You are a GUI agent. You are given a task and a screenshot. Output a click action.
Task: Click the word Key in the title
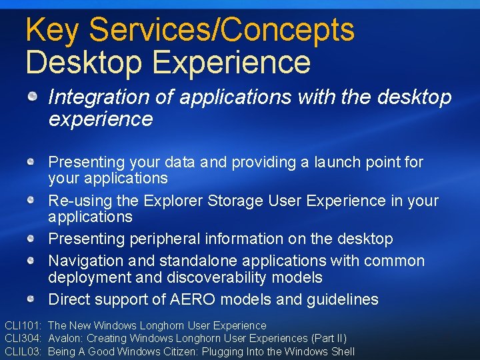pos(53,31)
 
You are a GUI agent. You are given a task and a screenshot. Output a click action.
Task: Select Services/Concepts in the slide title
pos(221,31)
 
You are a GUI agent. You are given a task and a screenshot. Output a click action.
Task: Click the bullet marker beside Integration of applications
pos(32,97)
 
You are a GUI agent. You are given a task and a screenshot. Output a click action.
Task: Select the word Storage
pos(236,201)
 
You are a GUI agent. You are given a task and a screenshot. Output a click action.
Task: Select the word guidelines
pos(342,299)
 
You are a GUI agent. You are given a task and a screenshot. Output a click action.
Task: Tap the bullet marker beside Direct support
pos(32,299)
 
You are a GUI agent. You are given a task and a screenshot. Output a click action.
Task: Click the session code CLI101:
pos(23,326)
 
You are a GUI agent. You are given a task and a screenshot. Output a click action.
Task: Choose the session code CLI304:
pos(23,339)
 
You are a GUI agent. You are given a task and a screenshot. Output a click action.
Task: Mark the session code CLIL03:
pos(23,351)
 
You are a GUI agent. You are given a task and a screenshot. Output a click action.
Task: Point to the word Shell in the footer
pos(341,351)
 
